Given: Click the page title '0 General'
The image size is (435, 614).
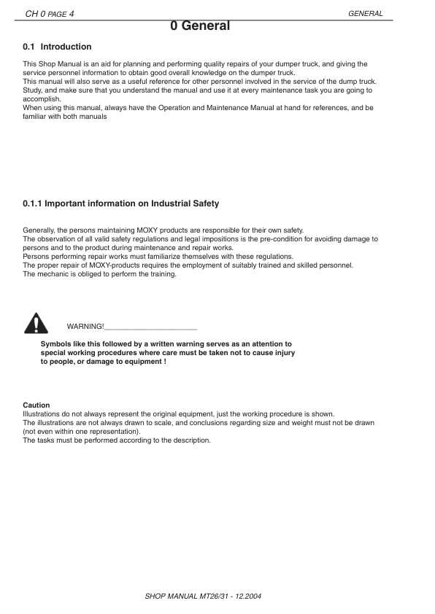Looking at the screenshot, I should (200, 26).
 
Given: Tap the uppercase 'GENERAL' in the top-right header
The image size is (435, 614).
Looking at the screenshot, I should (366, 13).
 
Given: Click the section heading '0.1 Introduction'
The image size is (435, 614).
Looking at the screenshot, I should (57, 47).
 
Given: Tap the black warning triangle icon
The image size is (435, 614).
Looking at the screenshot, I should (34, 322).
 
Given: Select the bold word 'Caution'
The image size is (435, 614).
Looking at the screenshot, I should (36, 405).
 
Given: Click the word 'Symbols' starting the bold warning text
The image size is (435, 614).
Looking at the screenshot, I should (55, 343).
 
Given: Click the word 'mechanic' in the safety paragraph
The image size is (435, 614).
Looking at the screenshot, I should (52, 274).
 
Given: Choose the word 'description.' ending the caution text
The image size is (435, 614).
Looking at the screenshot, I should (190, 440).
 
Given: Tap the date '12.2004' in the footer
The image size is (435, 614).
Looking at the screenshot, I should (248, 596).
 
